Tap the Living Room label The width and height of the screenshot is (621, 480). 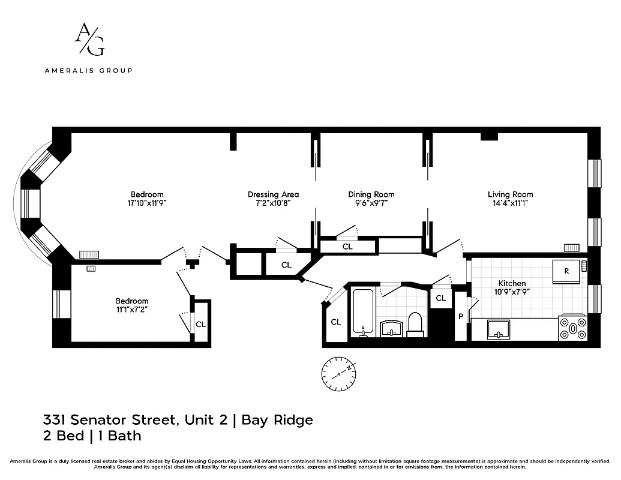click(510, 194)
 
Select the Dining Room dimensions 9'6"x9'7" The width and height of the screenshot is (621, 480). click(371, 203)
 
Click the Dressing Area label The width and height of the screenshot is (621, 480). click(273, 194)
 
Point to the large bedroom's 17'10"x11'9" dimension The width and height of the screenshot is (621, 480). click(147, 203)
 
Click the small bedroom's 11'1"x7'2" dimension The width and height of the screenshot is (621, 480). click(131, 310)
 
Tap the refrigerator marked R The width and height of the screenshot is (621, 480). click(566, 271)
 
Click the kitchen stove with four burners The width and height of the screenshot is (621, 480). click(572, 328)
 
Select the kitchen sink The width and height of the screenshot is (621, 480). click(498, 328)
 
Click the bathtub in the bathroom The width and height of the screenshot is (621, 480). click(363, 312)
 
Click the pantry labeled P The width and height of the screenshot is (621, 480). click(461, 316)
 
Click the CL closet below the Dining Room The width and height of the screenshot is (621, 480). click(347, 247)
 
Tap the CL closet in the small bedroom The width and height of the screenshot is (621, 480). click(201, 324)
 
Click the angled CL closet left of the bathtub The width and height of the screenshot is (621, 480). click(335, 322)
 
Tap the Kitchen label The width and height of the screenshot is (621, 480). click(512, 283)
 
